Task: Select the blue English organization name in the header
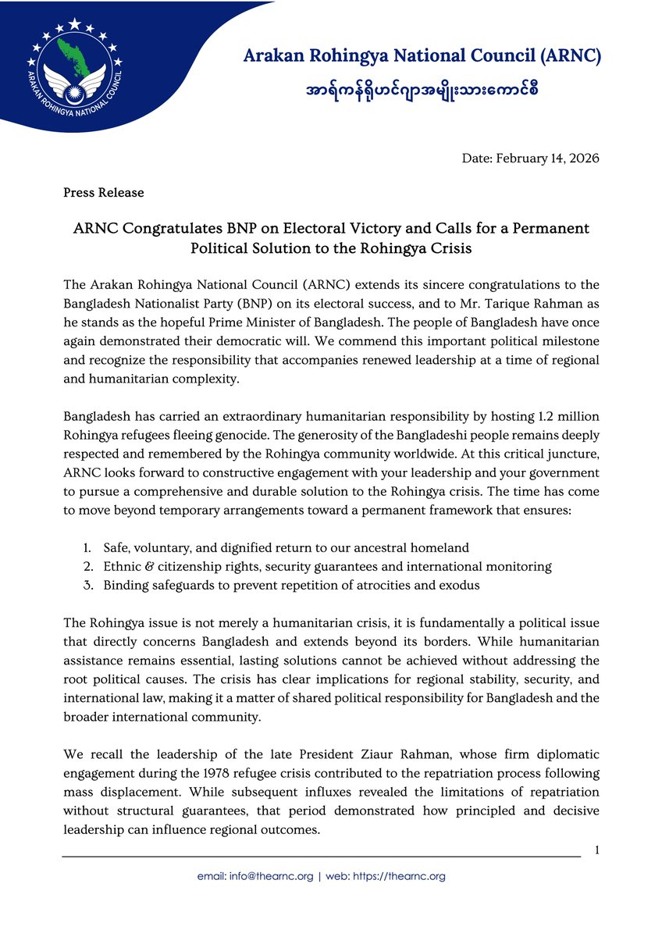pos(422,56)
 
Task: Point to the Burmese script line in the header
pos(422,90)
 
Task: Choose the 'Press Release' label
pos(103,191)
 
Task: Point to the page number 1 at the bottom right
pos(596,849)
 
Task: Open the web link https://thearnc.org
pos(399,876)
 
